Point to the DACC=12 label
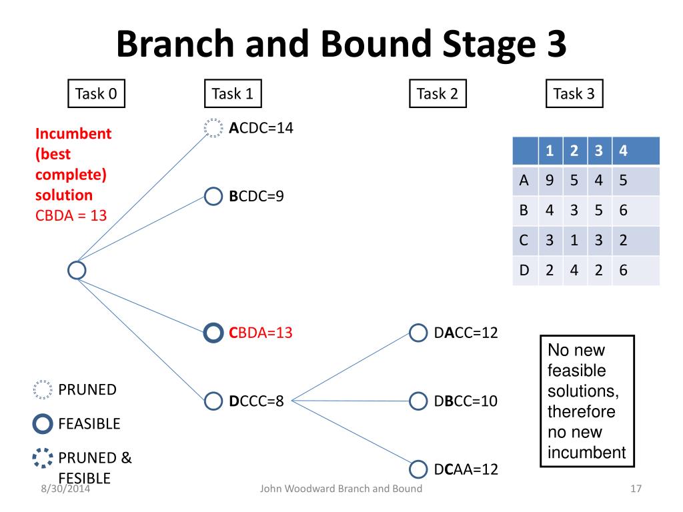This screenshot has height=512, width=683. point(466,333)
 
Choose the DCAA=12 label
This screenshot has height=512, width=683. point(466,469)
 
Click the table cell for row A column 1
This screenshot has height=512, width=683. point(550,180)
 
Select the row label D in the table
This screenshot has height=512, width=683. point(524,270)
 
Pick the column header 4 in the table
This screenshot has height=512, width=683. point(624,151)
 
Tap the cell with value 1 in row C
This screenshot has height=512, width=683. point(574,240)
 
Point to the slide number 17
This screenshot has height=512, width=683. point(636,489)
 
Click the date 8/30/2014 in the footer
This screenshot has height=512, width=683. point(65,489)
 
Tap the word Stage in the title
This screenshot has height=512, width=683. point(489,44)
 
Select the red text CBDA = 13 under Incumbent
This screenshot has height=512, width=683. point(71,215)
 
